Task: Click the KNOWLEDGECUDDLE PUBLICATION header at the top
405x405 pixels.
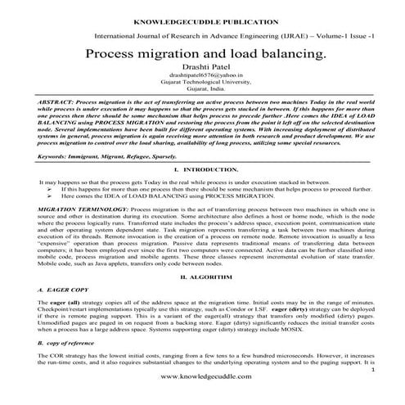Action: [202, 16]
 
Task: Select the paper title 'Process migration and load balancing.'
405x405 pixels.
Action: [202, 53]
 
